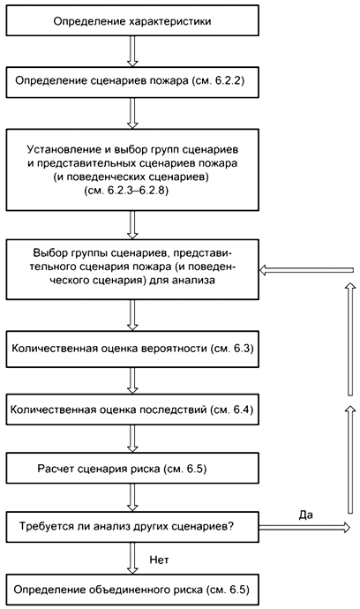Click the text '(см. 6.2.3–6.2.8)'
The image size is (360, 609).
[x=131, y=189]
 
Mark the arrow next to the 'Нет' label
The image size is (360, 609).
[x=131, y=557]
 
